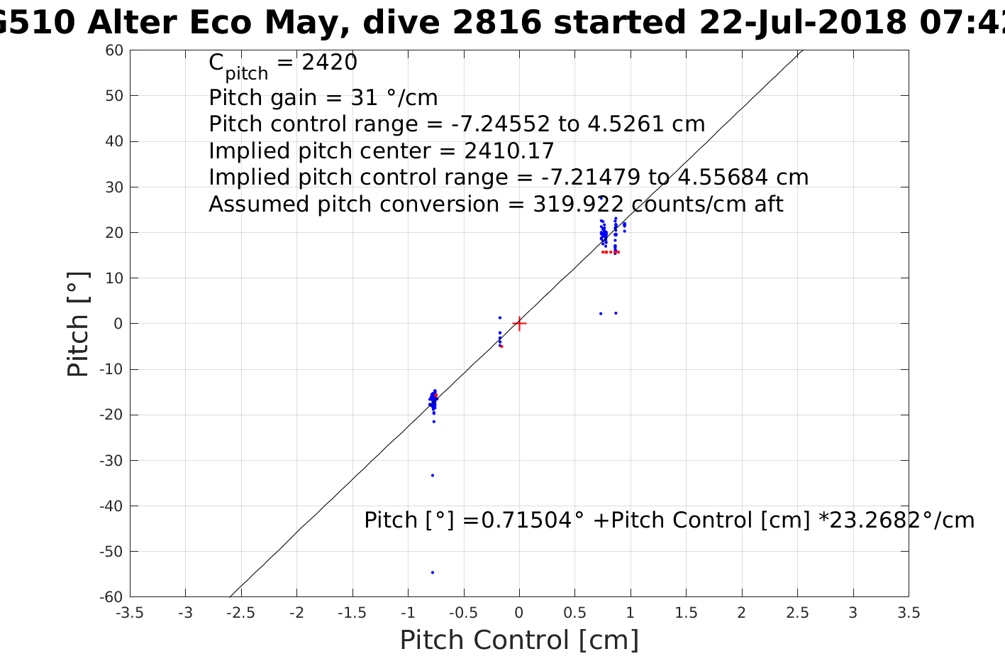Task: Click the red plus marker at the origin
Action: [519, 324]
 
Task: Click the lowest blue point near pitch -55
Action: [433, 572]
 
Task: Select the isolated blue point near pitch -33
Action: [433, 475]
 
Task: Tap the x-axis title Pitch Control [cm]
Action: [519, 640]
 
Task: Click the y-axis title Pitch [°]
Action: [78, 324]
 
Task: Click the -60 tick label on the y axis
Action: [111, 597]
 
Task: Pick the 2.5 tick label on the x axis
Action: [797, 613]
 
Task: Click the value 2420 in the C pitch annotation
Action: [330, 63]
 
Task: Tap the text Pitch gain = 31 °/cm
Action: [323, 97]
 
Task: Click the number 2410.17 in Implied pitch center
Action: [509, 151]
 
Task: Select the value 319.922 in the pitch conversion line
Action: [578, 204]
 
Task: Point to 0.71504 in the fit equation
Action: [527, 520]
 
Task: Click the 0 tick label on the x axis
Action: [519, 613]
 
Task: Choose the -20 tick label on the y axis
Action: [111, 415]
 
